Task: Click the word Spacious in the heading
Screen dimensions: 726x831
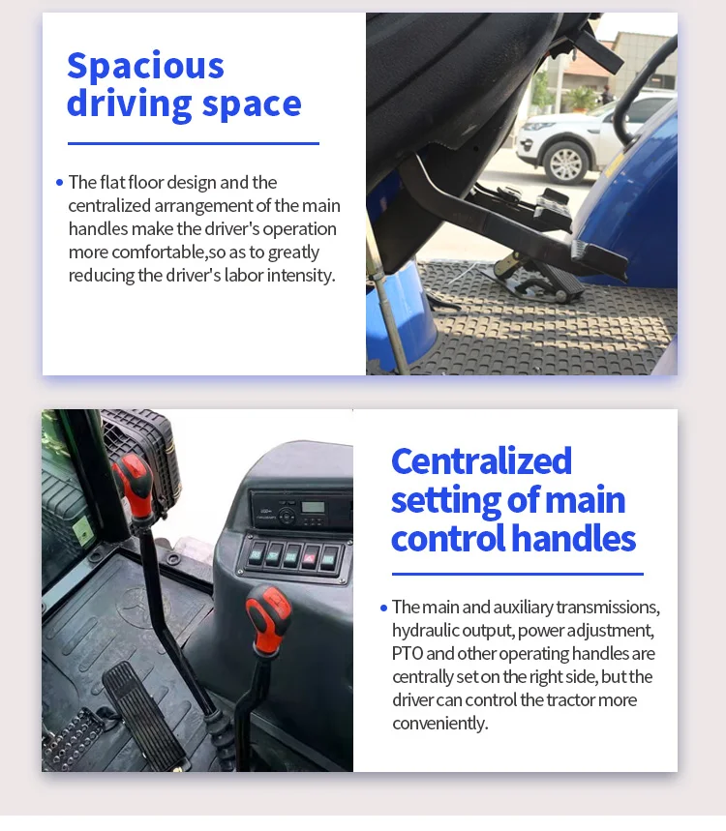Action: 146,67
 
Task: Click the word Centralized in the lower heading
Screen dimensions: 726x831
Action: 481,460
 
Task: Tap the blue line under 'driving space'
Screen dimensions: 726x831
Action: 194,143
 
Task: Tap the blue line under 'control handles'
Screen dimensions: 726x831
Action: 518,574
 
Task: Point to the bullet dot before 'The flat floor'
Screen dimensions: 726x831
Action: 59,182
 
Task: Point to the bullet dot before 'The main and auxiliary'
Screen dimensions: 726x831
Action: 384,608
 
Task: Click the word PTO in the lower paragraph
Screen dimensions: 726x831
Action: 408,653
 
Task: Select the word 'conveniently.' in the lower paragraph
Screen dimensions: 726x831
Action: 440,724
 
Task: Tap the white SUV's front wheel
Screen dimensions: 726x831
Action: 566,163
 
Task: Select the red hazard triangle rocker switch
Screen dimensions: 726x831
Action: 309,557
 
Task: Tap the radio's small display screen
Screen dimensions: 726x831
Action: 313,507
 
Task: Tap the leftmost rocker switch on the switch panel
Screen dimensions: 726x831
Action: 257,554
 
